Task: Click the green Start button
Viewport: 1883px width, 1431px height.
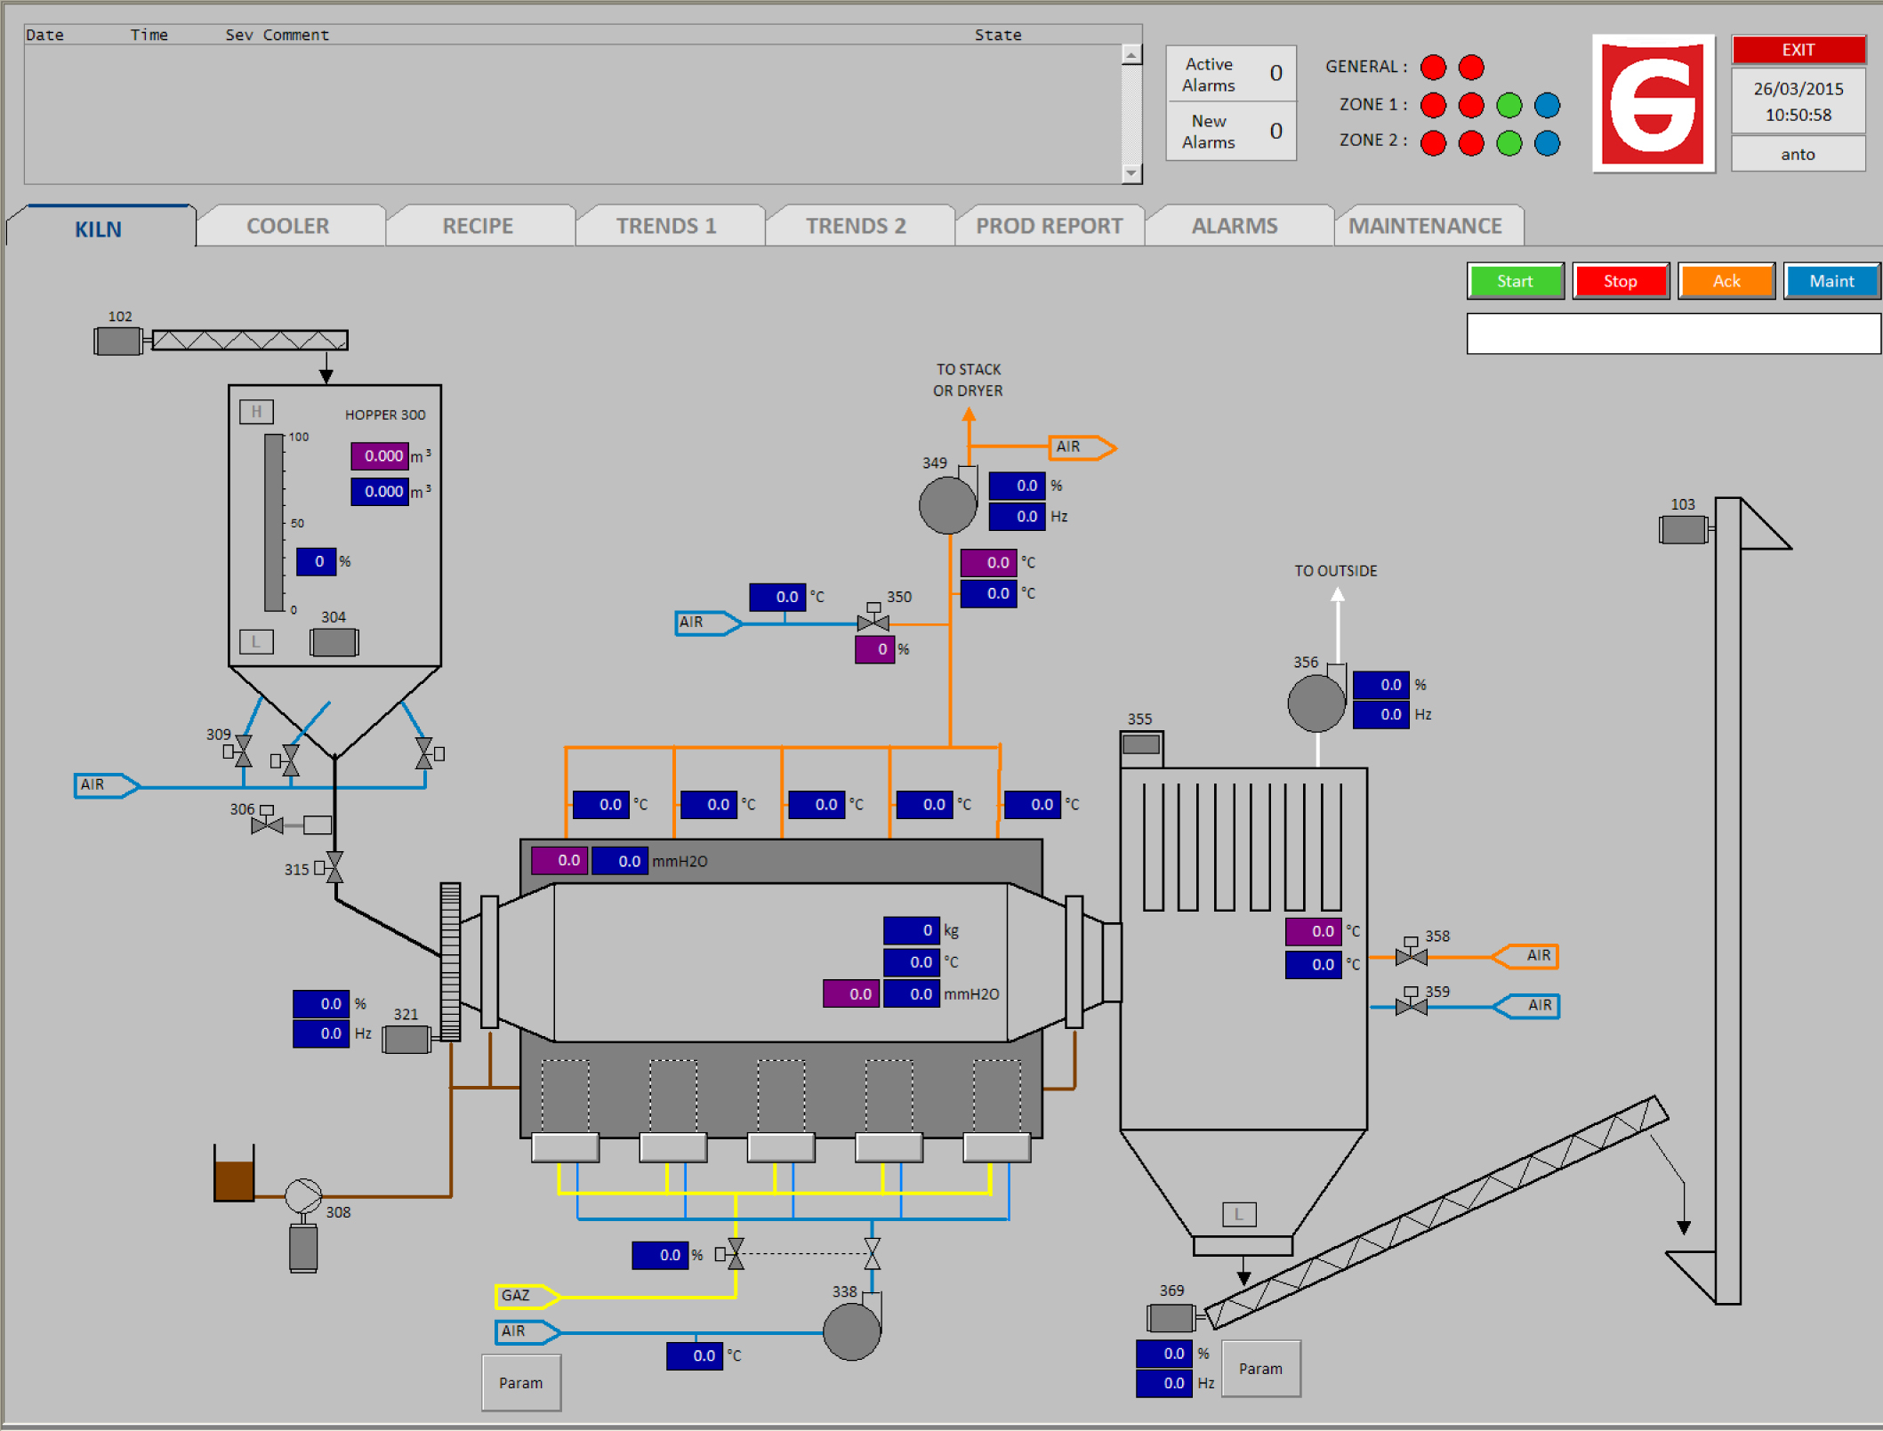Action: click(1515, 281)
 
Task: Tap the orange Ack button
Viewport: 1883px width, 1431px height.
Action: click(1726, 281)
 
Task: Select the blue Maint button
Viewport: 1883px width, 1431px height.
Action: click(1831, 281)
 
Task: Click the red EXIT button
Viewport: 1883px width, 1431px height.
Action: click(1798, 50)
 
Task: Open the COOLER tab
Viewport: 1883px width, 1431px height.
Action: click(288, 226)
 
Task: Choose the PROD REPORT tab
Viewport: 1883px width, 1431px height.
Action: click(1050, 226)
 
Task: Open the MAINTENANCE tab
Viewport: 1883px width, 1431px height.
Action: click(1425, 226)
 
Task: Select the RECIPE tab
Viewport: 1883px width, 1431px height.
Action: click(478, 226)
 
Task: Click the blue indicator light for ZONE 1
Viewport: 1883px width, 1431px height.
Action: click(1547, 105)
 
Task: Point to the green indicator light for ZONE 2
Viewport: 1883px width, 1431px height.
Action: click(1509, 143)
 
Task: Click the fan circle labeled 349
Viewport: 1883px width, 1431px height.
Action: click(947, 505)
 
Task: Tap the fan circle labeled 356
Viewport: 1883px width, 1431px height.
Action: click(1316, 703)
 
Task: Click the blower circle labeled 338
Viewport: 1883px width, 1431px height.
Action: click(851, 1331)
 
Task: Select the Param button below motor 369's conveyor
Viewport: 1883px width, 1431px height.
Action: click(1260, 1369)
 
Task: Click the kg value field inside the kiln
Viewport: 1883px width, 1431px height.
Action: click(912, 930)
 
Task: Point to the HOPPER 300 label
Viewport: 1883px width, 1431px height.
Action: click(385, 414)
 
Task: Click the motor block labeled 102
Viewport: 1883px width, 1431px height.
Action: click(118, 341)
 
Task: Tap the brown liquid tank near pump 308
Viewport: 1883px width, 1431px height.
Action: click(234, 1173)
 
